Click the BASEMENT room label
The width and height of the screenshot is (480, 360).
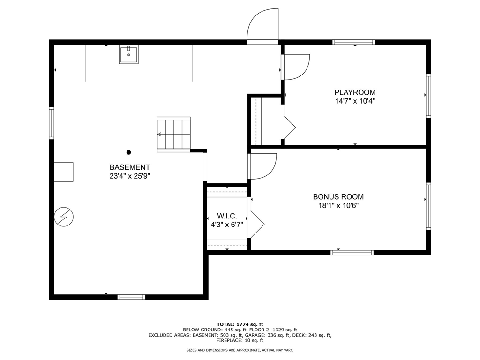tap(130, 167)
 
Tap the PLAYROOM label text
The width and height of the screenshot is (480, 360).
tap(355, 92)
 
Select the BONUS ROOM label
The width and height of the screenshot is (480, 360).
tap(338, 196)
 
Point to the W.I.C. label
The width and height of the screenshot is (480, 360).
tap(227, 216)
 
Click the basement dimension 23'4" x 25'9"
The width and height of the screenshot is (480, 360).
tap(130, 176)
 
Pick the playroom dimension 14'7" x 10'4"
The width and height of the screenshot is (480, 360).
tap(355, 101)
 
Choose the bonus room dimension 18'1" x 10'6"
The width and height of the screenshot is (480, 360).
tap(338, 205)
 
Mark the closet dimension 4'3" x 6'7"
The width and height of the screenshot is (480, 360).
tap(227, 225)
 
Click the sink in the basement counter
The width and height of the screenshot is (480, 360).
tap(128, 54)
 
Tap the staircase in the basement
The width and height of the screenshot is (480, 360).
tap(174, 135)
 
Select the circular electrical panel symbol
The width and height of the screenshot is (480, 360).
tap(64, 217)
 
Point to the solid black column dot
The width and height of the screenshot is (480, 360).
tap(129, 152)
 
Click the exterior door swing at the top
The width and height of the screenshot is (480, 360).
tap(262, 24)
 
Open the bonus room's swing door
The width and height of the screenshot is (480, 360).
tap(262, 166)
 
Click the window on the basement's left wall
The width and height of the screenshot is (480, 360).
tap(52, 123)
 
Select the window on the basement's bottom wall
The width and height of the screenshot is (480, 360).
tap(131, 297)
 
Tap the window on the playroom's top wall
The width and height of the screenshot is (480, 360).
tap(353, 42)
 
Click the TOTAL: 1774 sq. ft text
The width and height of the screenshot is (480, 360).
tap(240, 324)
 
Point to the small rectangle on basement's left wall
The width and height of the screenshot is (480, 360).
tap(64, 172)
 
